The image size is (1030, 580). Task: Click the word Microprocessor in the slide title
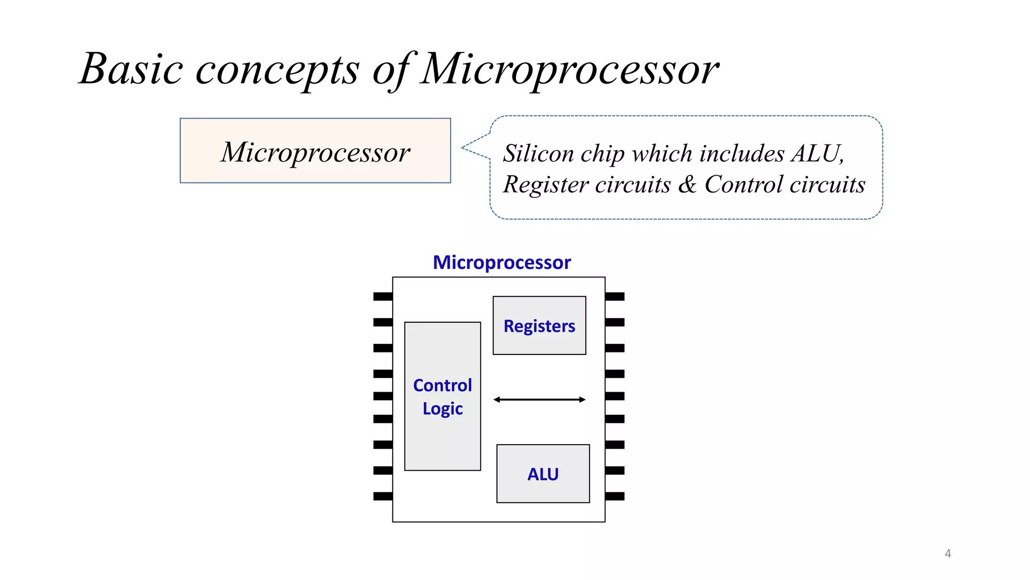pos(570,69)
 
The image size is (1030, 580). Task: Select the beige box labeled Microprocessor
pos(315,151)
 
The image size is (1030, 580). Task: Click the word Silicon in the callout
pos(538,153)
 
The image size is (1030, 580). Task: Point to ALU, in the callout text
pos(817,153)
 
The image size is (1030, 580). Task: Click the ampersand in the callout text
pos(687,184)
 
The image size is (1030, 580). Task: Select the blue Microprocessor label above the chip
pos(501,263)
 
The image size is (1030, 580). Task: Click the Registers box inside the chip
pos(539,326)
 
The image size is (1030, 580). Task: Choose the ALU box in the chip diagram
pos(543,474)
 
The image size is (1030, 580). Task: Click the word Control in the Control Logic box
pos(442,386)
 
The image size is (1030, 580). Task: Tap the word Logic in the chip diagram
pos(442,409)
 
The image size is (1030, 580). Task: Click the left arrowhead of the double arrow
pos(496,400)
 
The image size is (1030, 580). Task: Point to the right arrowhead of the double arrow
pos(582,400)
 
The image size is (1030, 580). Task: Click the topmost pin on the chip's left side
pos(383,297)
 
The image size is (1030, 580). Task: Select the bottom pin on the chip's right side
pos(615,496)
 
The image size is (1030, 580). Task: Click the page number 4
pos(948,554)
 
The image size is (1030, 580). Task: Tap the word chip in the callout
pos(602,154)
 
